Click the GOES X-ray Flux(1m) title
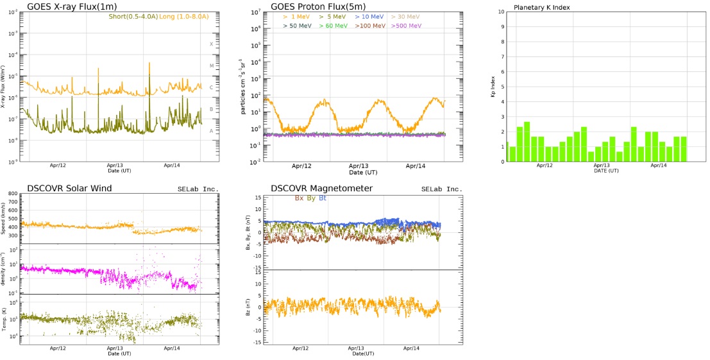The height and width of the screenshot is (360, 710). (63, 7)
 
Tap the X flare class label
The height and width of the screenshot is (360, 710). (211, 44)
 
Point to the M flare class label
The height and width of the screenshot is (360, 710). (211, 65)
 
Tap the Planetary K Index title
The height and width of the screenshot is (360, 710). (542, 7)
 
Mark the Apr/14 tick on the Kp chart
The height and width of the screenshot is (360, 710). (659, 165)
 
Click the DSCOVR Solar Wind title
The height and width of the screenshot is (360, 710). (70, 188)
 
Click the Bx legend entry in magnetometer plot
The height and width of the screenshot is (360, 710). (299, 198)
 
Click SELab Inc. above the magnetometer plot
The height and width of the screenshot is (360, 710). (441, 189)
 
